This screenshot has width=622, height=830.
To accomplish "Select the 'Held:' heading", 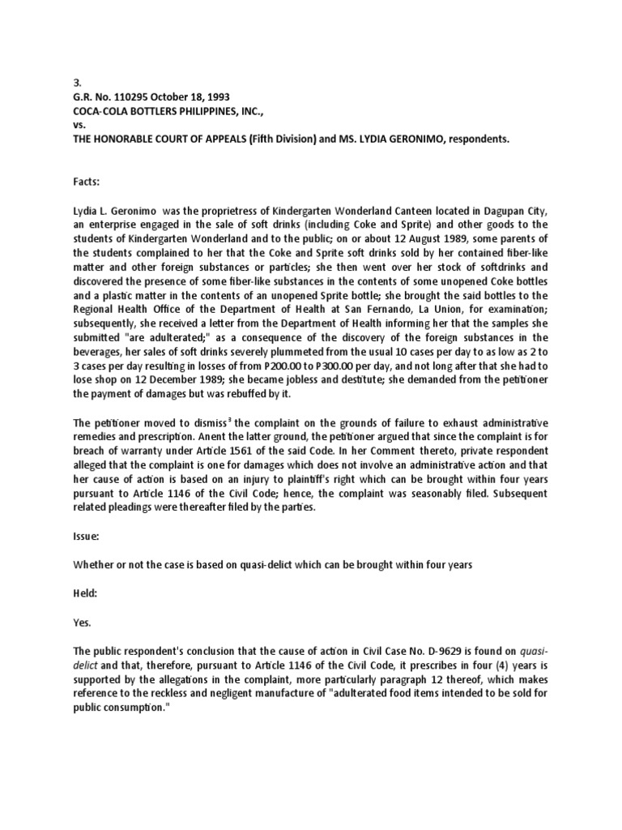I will click(87, 593).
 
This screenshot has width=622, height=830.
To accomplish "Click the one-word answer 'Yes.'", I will click(82, 623).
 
